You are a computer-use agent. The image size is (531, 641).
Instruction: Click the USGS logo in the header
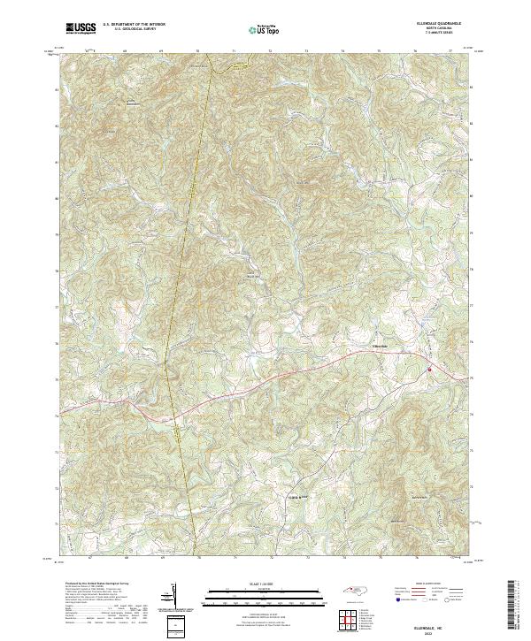[81, 29]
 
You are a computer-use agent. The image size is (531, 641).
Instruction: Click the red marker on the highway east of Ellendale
[429, 370]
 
